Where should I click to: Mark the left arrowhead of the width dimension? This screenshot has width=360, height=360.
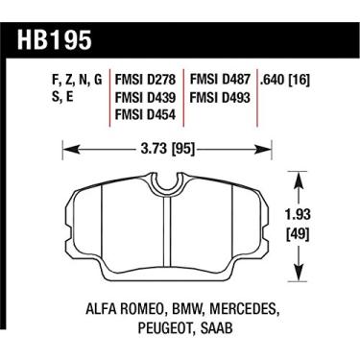click(x=67, y=150)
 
